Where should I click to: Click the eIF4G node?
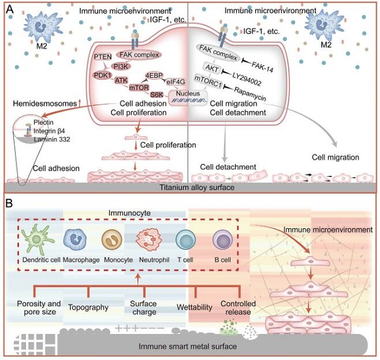(174, 80)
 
